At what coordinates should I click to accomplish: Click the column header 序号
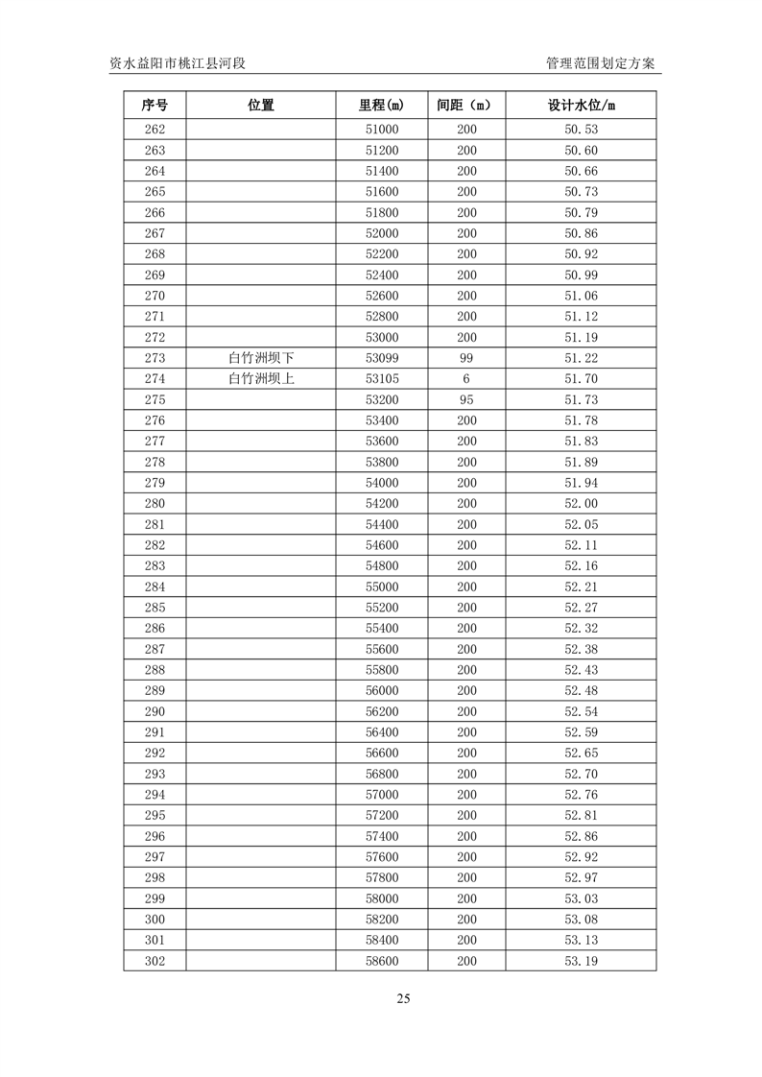[x=155, y=106]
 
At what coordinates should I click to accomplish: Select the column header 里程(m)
[x=381, y=106]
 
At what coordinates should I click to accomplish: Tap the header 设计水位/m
[x=581, y=106]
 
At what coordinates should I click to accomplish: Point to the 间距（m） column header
[x=465, y=106]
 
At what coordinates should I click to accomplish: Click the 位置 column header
[x=260, y=106]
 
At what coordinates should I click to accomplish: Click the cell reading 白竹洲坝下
[x=260, y=358]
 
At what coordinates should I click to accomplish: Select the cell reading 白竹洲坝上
[x=260, y=379]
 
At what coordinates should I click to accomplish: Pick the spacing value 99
[x=466, y=358]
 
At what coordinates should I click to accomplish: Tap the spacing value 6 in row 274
[x=466, y=379]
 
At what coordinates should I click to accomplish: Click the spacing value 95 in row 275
[x=466, y=399]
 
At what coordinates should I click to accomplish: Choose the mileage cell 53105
[x=381, y=379]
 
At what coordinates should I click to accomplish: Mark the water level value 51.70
[x=581, y=379]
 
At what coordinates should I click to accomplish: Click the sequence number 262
[x=155, y=130]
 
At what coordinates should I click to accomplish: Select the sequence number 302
[x=155, y=961]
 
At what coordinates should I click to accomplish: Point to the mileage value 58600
[x=381, y=961]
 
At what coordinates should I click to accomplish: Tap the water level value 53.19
[x=581, y=961]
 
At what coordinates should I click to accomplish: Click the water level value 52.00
[x=581, y=504]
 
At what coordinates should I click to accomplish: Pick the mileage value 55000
[x=381, y=586]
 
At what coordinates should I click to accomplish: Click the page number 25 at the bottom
[x=403, y=998]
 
